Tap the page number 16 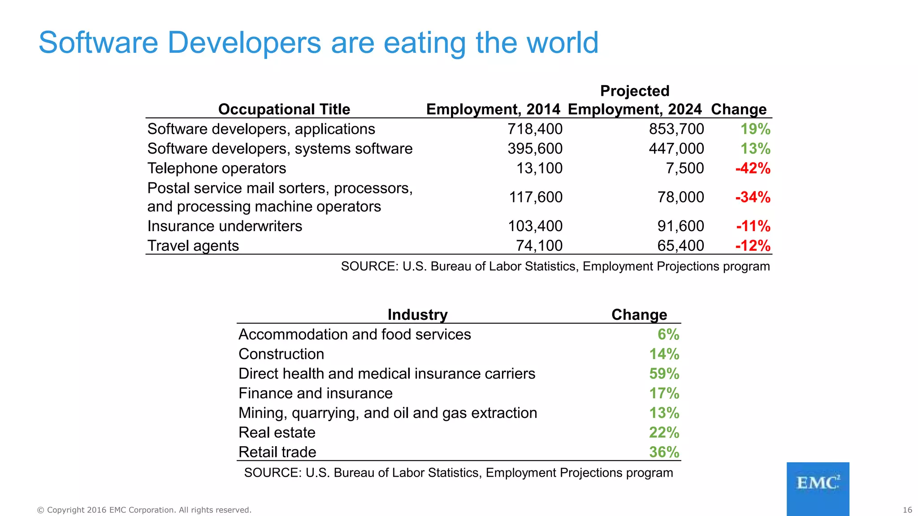coord(907,510)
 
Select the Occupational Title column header coord(284,109)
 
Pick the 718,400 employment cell coord(535,129)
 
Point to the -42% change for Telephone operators coord(753,168)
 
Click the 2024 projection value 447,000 coord(676,149)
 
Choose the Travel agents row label coord(193,245)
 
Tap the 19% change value coord(755,129)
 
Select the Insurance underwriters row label coord(225,226)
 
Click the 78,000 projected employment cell coord(680,197)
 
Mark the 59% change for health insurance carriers coord(664,374)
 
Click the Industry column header coord(417,314)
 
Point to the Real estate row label coord(277,433)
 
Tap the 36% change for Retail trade coord(664,452)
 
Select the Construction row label coord(281,354)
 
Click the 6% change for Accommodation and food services coord(668,335)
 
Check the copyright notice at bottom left coord(144,510)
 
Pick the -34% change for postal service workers coord(753,197)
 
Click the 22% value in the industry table coord(664,433)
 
